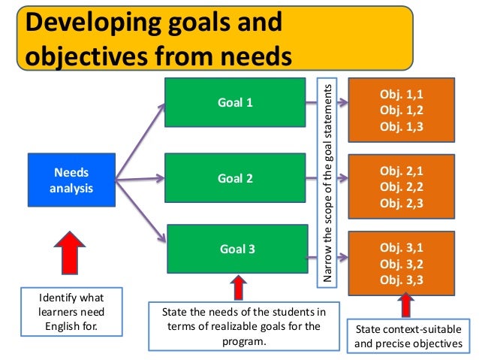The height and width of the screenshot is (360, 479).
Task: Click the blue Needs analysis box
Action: coord(72,180)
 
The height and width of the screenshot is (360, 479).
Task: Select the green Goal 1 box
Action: coord(234,102)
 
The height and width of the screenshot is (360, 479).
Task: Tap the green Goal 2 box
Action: coord(234,179)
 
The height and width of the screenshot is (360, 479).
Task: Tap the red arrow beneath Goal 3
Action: coord(238,288)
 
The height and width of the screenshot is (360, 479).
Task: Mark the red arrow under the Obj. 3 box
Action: coord(405,304)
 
